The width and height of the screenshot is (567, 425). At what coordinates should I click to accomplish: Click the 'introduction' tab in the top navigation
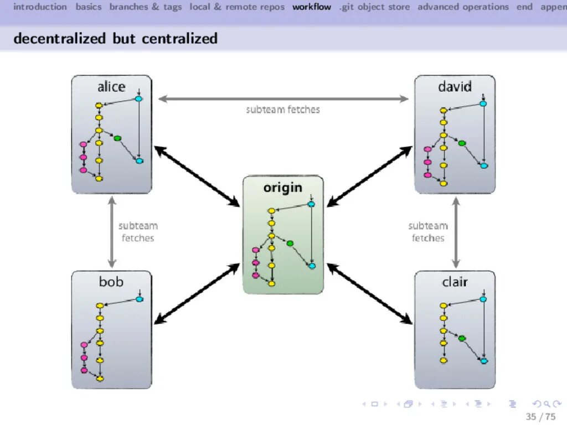[x=40, y=7]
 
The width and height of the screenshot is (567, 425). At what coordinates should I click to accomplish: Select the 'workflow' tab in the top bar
[x=312, y=7]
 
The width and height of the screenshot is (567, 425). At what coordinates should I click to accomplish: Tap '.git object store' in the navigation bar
[x=375, y=7]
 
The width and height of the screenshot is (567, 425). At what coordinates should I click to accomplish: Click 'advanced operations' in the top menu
[x=463, y=7]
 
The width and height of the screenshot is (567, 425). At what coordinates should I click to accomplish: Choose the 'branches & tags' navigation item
[x=146, y=7]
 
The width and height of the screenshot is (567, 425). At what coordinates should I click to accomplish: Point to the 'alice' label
[x=111, y=87]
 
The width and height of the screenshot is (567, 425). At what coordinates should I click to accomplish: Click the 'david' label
[x=455, y=87]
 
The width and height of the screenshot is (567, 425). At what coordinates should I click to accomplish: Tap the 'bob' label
[x=111, y=282]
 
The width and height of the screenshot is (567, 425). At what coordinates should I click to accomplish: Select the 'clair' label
[x=455, y=282]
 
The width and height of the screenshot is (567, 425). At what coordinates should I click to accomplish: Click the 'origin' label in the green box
[x=283, y=188]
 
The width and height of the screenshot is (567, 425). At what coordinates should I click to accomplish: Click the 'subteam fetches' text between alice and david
[x=283, y=110]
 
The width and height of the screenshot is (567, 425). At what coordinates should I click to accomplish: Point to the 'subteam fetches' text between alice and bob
[x=138, y=232]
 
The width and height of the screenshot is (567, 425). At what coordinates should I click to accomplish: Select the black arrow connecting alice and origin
[x=197, y=176]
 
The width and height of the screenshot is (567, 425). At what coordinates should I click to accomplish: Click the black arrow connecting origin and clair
[x=369, y=293]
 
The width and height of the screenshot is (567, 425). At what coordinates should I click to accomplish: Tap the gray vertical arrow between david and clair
[x=456, y=232]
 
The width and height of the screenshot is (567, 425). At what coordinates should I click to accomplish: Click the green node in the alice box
[x=117, y=138]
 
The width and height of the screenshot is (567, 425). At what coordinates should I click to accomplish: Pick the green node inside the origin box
[x=290, y=243]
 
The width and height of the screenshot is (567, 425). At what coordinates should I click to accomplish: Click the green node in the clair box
[x=462, y=338]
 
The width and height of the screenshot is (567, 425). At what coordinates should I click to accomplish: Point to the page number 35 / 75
[x=540, y=417]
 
